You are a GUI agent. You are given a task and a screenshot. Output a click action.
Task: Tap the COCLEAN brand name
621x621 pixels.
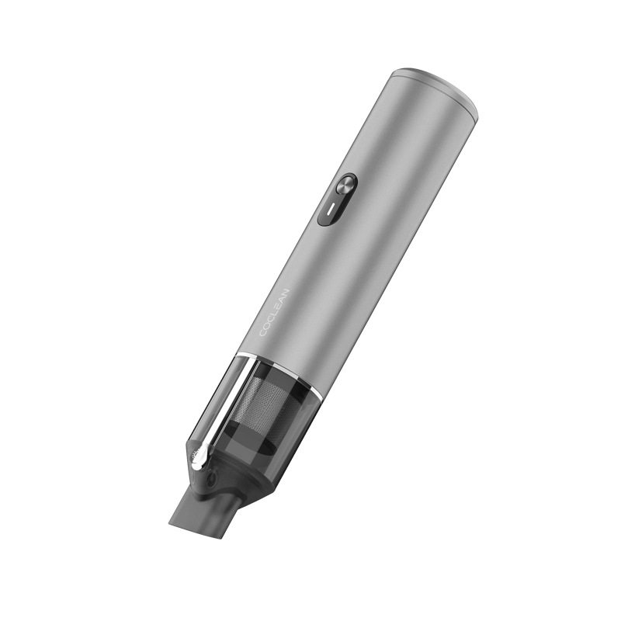coord(275,313)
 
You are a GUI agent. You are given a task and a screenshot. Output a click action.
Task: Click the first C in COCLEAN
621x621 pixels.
coord(263,333)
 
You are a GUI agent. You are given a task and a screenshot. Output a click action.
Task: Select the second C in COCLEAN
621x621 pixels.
coord(270,319)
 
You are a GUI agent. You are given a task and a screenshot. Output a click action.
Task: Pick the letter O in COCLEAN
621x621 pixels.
coord(266,326)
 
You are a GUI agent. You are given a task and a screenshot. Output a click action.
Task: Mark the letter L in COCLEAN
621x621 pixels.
coord(274,314)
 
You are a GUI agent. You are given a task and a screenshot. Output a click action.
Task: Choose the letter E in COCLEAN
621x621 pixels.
coord(278,307)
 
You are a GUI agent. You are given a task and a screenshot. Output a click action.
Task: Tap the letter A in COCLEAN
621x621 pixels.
coord(282,300)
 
